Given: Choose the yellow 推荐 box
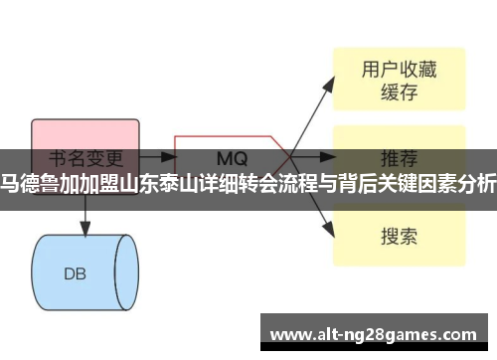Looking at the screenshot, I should pyautogui.click(x=397, y=158).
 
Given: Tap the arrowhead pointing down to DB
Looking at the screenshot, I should pyautogui.click(x=84, y=201).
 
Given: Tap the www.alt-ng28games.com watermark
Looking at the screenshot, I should pyautogui.click(x=379, y=333).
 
